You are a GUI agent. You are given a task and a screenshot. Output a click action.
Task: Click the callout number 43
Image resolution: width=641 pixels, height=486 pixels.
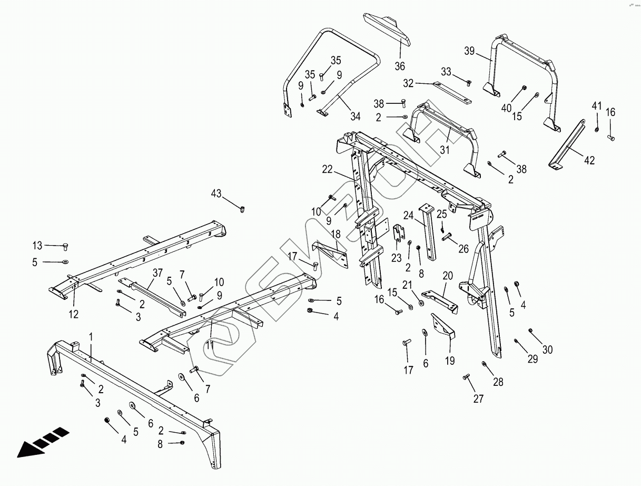pos(216,193)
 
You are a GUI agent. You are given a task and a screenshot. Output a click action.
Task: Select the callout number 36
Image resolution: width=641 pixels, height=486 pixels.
pos(400,66)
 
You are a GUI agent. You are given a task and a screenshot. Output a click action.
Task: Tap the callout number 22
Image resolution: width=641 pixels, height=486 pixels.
pos(328,169)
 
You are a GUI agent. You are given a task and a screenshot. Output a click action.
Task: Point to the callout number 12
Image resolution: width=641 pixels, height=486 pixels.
pos(73,314)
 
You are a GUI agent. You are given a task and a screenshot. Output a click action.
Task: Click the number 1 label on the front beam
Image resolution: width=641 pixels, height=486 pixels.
pos(91,336)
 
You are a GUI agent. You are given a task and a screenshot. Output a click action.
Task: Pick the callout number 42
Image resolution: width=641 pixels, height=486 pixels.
pos(589,160)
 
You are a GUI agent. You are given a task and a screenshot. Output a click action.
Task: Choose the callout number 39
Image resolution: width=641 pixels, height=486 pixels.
pos(470,51)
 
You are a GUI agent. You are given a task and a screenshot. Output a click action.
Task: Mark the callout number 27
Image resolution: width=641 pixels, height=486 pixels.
pos(478,398)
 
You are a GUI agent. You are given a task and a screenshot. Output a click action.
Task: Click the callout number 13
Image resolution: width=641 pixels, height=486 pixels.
pos(37,245)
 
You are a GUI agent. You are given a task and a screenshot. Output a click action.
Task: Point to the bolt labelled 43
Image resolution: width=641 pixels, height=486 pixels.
pos(242,209)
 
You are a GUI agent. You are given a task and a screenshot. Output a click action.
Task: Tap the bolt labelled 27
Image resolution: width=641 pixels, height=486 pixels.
pos(466,377)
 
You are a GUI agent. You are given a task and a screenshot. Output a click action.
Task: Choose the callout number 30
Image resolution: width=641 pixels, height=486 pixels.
pos(548,349)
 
